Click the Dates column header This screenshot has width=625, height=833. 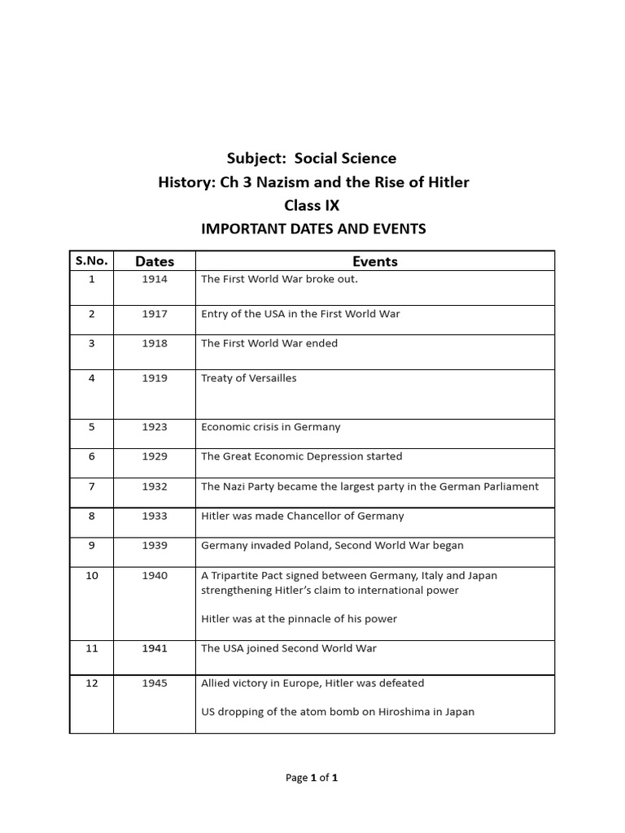(x=155, y=261)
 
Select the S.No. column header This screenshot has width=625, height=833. (x=91, y=260)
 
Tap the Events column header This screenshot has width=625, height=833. (x=375, y=261)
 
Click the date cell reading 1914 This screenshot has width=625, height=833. (x=155, y=279)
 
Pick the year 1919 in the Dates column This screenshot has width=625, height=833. (x=155, y=378)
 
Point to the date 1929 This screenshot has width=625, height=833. (x=155, y=456)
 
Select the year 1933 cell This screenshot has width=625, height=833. (x=155, y=516)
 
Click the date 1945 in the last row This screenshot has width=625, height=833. (x=155, y=683)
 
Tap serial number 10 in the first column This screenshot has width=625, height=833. (x=92, y=575)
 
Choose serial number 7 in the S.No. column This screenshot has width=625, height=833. (x=92, y=486)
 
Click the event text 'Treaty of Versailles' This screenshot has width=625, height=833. (x=249, y=378)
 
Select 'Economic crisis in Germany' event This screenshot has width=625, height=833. (x=271, y=427)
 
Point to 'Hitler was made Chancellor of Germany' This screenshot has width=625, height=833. (x=303, y=516)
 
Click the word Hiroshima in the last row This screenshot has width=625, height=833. (x=389, y=712)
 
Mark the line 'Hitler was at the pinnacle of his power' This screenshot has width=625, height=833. (x=299, y=619)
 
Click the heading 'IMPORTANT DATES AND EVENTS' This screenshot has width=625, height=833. (x=313, y=229)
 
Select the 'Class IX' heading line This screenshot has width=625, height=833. (x=312, y=205)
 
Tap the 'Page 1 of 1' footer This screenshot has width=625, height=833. (x=312, y=778)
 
